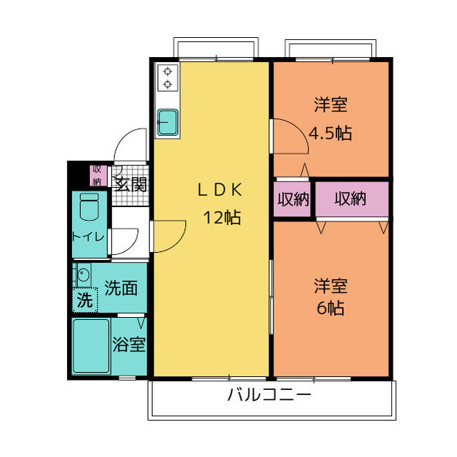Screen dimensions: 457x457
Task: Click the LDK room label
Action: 221,190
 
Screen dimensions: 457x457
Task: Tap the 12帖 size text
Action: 221,218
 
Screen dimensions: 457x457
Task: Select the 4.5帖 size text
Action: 330,133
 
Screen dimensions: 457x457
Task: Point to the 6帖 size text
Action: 330,308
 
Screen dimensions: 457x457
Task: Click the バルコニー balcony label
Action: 270,395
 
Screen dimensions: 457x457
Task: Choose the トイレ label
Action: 89,236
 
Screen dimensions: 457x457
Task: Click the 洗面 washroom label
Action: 121,288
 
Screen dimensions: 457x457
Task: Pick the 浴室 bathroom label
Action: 129,345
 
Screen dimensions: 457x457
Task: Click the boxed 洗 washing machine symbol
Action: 84,300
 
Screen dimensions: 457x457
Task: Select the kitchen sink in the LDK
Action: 169,121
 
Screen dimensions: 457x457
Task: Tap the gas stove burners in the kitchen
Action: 169,78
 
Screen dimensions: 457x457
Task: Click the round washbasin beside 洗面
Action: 83,275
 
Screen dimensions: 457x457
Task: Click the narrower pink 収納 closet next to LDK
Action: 293,199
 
